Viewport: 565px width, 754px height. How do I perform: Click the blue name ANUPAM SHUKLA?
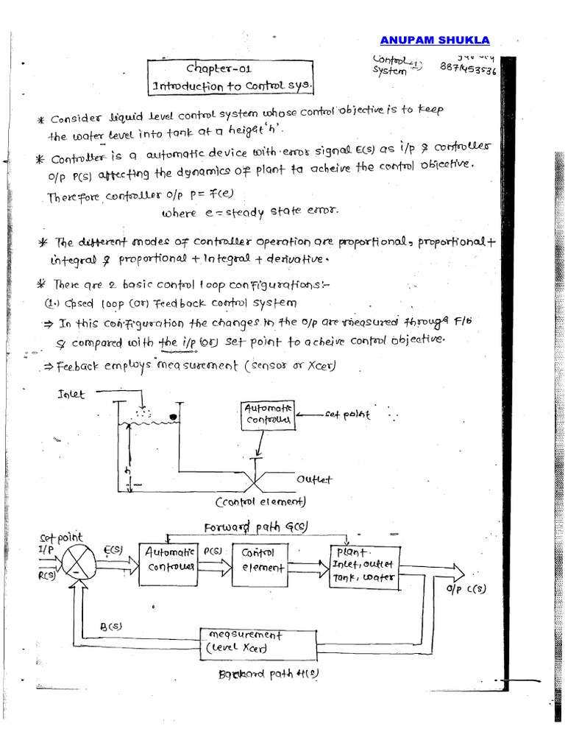(x=434, y=40)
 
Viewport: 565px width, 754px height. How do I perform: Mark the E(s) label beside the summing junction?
(x=113, y=549)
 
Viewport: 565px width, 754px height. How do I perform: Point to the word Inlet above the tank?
(x=71, y=395)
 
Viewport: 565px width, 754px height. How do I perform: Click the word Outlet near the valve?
(x=315, y=479)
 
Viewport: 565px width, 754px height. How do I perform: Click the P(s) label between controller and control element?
(x=213, y=550)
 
